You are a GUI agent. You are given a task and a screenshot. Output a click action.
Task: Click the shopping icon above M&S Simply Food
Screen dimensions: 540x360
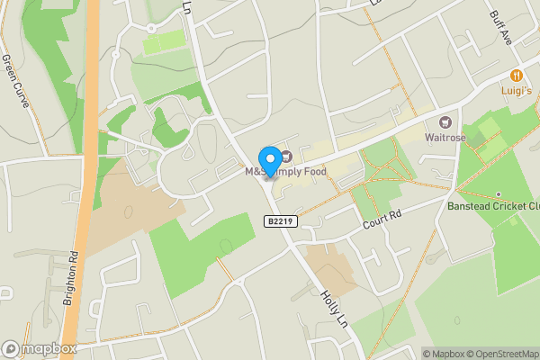286,157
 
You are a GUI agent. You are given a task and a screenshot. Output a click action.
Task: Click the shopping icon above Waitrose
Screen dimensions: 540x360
444,121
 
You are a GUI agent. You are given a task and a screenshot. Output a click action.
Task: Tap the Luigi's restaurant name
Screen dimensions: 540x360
517,91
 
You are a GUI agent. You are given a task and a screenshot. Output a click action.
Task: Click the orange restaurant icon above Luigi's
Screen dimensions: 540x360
517,76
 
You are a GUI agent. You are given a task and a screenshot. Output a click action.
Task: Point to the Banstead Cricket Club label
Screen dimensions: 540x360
493,205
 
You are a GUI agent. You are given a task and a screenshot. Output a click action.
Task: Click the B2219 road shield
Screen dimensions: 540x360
281,221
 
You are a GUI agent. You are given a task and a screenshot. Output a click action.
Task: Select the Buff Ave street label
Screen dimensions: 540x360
500,29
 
